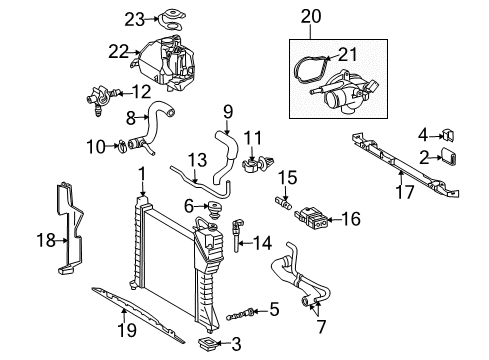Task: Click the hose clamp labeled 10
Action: click(x=120, y=149)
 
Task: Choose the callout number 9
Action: click(x=227, y=111)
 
